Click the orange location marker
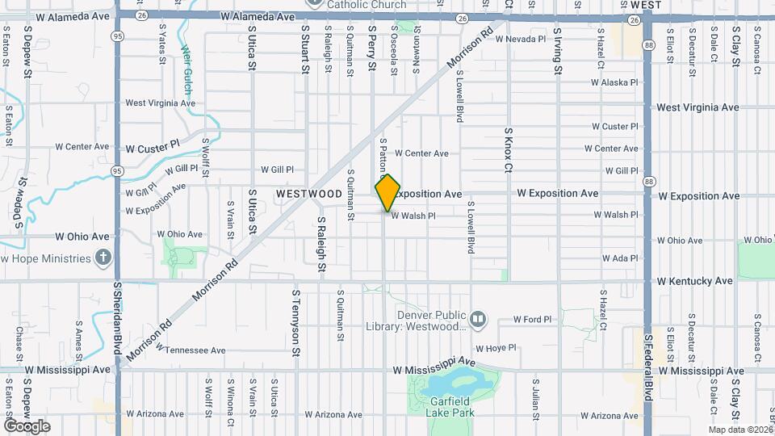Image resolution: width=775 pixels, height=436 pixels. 388,193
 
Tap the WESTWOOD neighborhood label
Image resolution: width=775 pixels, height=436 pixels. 308,195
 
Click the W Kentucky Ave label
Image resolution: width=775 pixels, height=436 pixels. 695,281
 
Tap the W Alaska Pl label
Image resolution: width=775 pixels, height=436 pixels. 614,82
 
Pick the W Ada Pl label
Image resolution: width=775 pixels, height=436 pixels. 620,258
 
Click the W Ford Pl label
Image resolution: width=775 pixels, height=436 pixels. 532,320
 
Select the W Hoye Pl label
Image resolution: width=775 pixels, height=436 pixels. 495,348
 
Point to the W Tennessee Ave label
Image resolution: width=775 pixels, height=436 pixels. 191,350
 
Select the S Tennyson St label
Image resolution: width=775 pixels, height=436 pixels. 296,324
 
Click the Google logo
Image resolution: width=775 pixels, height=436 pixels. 27,426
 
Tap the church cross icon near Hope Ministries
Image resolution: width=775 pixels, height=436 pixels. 103,258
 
